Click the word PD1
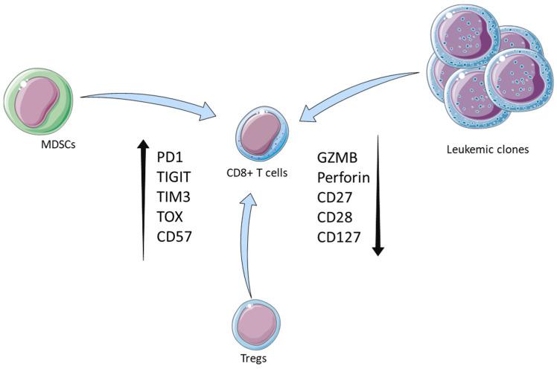(170, 157)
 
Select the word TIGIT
(175, 178)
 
